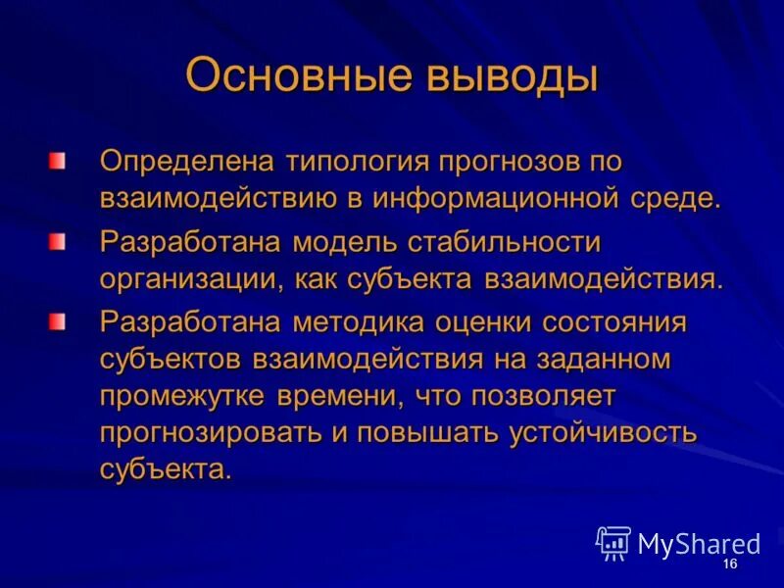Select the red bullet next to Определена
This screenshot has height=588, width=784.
point(59,160)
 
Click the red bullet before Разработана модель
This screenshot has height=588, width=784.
point(59,240)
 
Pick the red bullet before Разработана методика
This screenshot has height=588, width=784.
point(59,320)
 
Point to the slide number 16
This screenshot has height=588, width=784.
point(729,566)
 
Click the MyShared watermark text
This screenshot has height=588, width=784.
point(699,544)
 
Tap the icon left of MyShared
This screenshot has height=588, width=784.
point(613,543)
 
